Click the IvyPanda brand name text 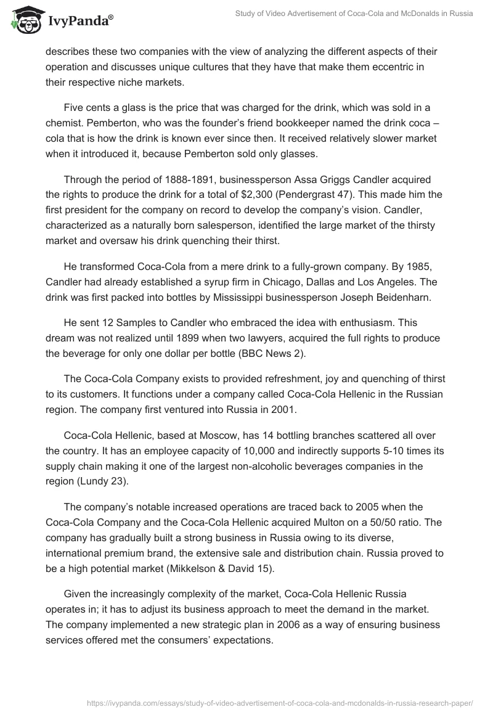[x=78, y=21]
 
